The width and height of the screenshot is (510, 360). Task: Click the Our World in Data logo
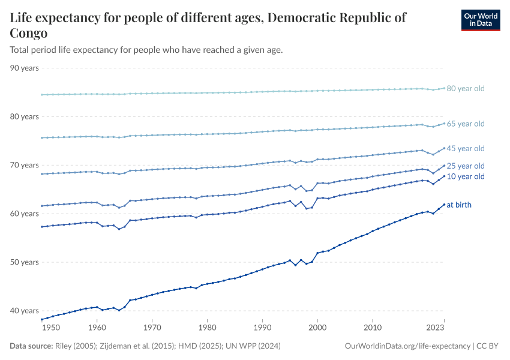click(x=480, y=20)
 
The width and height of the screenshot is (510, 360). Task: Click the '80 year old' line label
click(x=466, y=89)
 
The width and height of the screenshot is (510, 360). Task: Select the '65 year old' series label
click(x=466, y=124)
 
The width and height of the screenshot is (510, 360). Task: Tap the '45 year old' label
click(x=466, y=148)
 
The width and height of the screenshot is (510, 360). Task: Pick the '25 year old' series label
click(x=466, y=166)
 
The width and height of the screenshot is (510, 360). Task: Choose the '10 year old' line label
click(x=466, y=176)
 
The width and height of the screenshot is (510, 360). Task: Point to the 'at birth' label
click(x=459, y=205)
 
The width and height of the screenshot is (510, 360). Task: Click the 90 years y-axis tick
click(x=25, y=68)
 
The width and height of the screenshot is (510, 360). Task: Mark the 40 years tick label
click(x=25, y=311)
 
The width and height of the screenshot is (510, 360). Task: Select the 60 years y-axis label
click(x=25, y=214)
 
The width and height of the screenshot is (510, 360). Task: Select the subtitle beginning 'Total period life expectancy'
click(x=146, y=50)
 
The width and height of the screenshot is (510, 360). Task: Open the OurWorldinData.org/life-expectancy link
click(x=408, y=346)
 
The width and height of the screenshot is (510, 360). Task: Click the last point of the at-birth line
click(x=444, y=205)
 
